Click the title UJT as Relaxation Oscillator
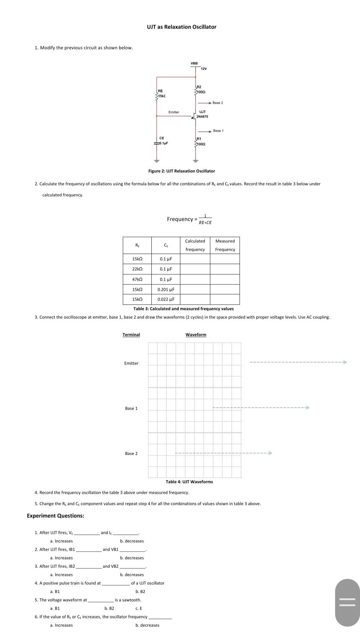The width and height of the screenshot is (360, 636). coord(181,27)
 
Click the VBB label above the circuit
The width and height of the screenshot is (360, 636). coord(194,63)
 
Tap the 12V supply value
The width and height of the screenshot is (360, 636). coord(204,69)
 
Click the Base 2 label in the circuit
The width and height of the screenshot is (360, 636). coord(218,103)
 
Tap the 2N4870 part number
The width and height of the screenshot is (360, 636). coord(202,116)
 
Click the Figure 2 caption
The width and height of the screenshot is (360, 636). coord(181,171)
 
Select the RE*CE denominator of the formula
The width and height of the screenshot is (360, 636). coord(205,223)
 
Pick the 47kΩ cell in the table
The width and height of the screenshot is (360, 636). coord(137,279)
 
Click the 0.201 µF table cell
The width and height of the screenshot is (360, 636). coord(166,290)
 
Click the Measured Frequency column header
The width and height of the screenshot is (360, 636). coord(225,245)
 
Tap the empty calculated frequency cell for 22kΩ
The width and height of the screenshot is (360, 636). coord(195,269)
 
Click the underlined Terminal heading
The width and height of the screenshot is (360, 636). coord(131,335)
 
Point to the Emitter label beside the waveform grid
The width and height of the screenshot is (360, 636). coord(131,363)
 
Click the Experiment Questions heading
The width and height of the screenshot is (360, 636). coord(56,516)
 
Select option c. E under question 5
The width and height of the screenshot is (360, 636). coord(139,608)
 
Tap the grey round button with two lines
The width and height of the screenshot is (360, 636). coord(347,603)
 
